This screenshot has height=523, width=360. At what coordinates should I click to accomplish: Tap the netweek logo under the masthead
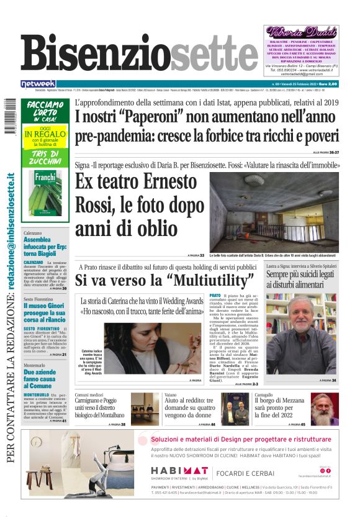pyautogui.click(x=38, y=83)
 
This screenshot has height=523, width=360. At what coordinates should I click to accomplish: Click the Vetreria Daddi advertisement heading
pyautogui.click(x=301, y=32)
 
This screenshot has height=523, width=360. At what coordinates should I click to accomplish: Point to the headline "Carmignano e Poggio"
pyautogui.click(x=101, y=407)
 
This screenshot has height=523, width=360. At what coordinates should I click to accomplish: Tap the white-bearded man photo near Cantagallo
pyautogui.click(x=325, y=408)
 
